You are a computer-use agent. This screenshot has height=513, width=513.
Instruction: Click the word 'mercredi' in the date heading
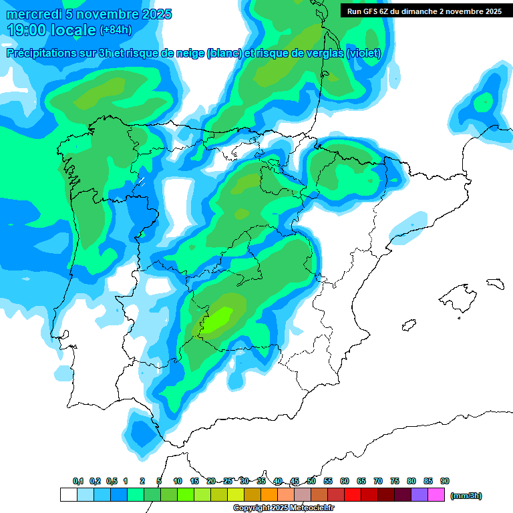pos(35,15)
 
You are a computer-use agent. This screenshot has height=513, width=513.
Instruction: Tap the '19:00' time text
pos(28,30)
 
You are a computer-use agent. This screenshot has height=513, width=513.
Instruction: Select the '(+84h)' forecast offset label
pos(116,30)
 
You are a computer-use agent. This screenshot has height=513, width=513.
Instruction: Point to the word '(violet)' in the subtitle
pos(363,53)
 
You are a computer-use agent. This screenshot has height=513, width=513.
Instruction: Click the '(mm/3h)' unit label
pos(466,496)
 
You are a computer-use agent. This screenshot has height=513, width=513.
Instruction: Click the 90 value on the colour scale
pos(445,482)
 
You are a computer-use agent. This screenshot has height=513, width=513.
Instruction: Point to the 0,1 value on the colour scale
pos(78,482)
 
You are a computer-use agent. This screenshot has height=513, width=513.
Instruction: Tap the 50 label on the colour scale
pos(311,482)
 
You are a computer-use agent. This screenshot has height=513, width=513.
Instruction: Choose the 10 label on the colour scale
pos(178,482)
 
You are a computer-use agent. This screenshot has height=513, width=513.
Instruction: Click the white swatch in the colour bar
pos(68,495)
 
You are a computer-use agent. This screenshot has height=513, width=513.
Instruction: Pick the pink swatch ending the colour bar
pos(436,495)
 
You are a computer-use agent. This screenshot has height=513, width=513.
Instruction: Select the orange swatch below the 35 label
pos(269,495)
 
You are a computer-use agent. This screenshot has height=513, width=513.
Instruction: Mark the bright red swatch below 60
pos(353,495)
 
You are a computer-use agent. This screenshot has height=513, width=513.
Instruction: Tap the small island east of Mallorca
pos(495,283)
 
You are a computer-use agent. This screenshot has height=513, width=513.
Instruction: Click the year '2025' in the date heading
pos(152,15)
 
